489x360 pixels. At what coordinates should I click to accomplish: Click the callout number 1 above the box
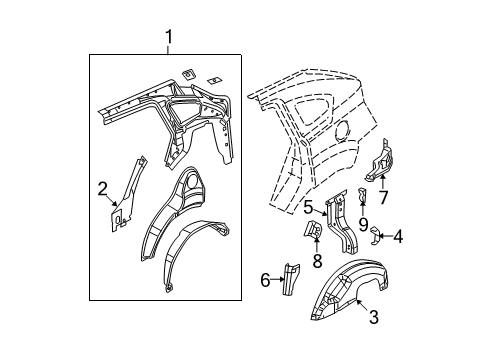[x=168, y=38]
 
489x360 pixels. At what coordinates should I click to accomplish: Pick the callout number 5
[x=309, y=207]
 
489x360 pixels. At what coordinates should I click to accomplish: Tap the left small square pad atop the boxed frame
[x=189, y=72]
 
